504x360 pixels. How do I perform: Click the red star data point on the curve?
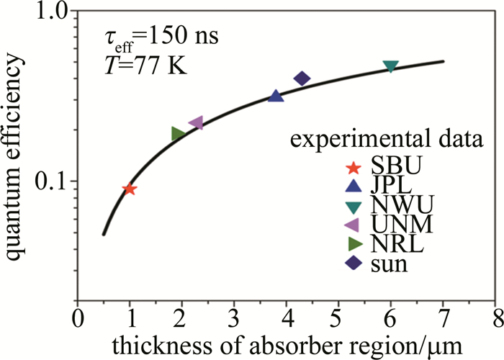pyautogui.click(x=130, y=189)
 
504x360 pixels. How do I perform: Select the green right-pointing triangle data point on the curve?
pyautogui.click(x=178, y=133)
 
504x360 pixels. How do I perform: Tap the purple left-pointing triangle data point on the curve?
pyautogui.click(x=196, y=123)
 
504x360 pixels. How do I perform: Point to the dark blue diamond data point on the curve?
pyautogui.click(x=302, y=78)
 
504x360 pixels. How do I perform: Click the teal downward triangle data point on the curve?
pyautogui.click(x=391, y=66)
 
